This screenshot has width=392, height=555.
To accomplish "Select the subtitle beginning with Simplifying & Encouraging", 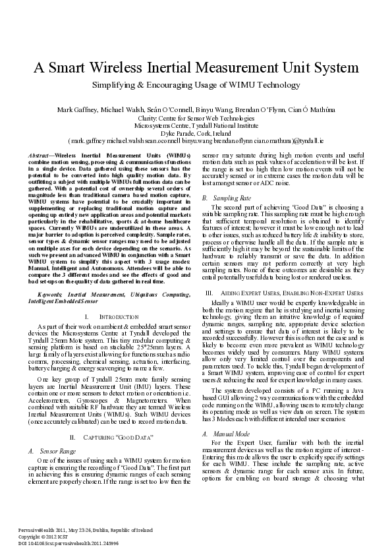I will (x=196, y=85).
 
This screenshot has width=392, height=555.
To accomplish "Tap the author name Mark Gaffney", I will (x=77, y=109).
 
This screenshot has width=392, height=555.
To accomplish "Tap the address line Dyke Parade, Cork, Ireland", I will (x=196, y=132).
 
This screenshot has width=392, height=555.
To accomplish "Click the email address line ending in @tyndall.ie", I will (x=196, y=140).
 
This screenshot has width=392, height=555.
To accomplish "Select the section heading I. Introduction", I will (x=105, y=316).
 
